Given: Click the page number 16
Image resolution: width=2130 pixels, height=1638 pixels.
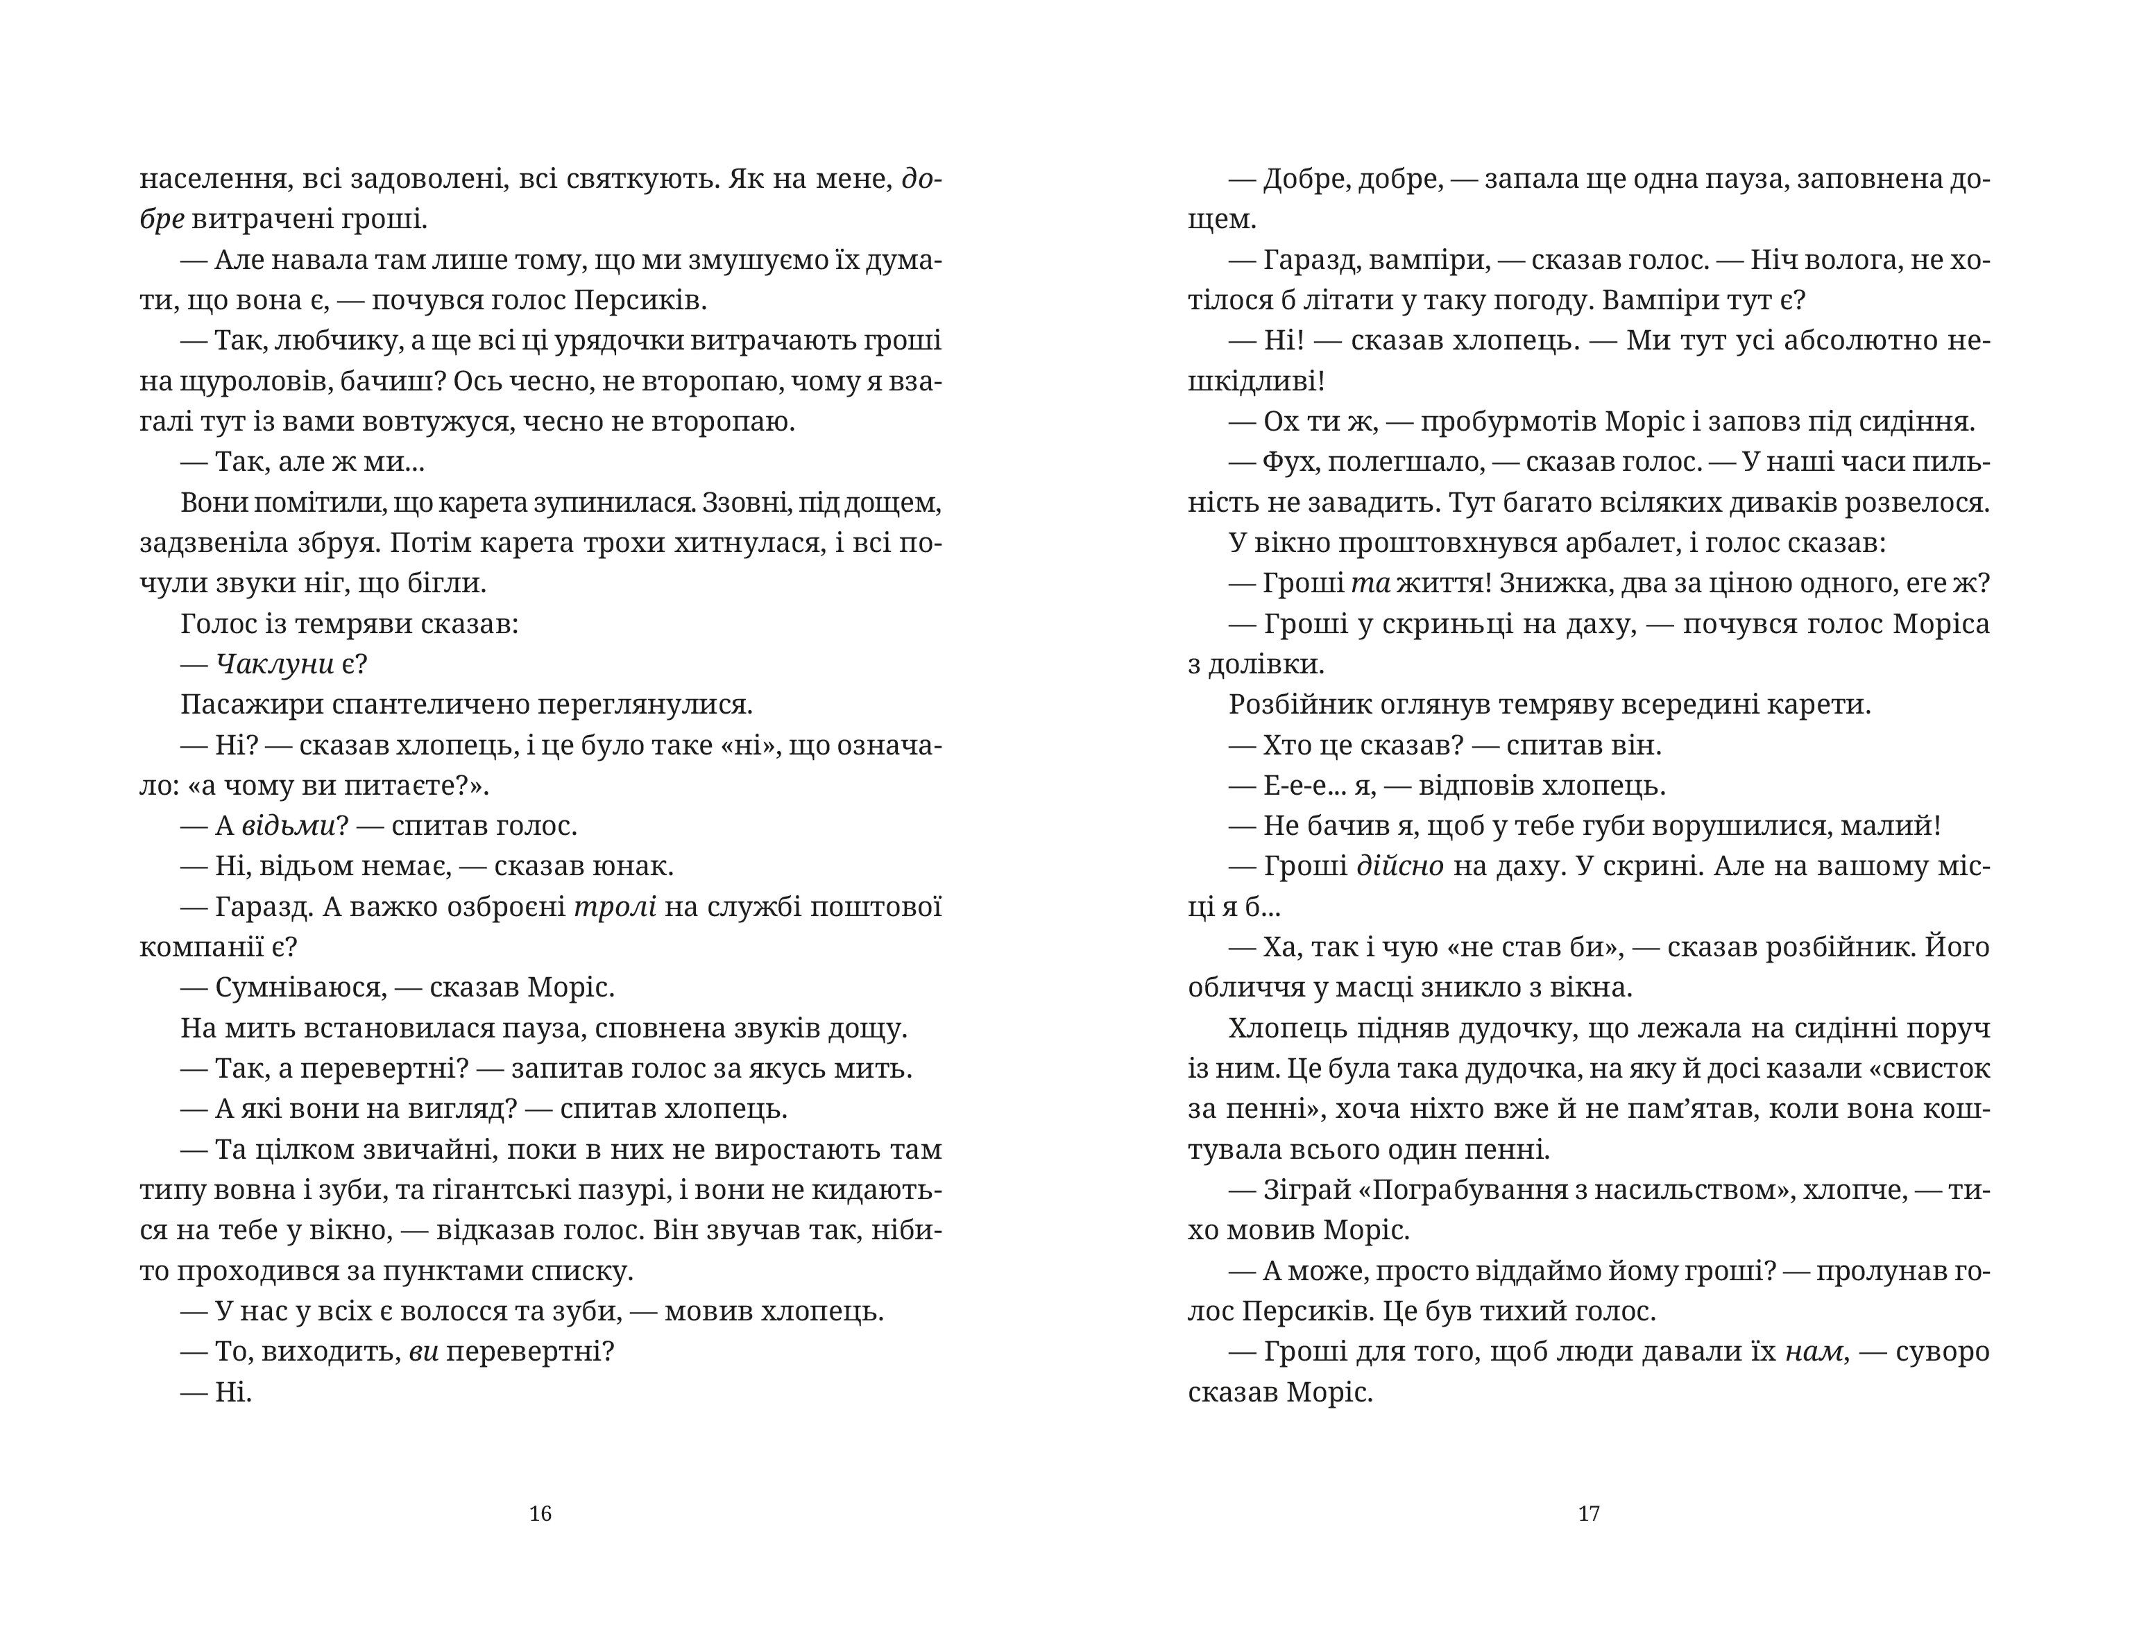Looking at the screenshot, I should (x=540, y=1513).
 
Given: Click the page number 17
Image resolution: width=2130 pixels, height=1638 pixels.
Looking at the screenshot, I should (x=1589, y=1513).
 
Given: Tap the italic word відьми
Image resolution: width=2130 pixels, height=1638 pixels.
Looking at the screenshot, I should (x=288, y=826).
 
